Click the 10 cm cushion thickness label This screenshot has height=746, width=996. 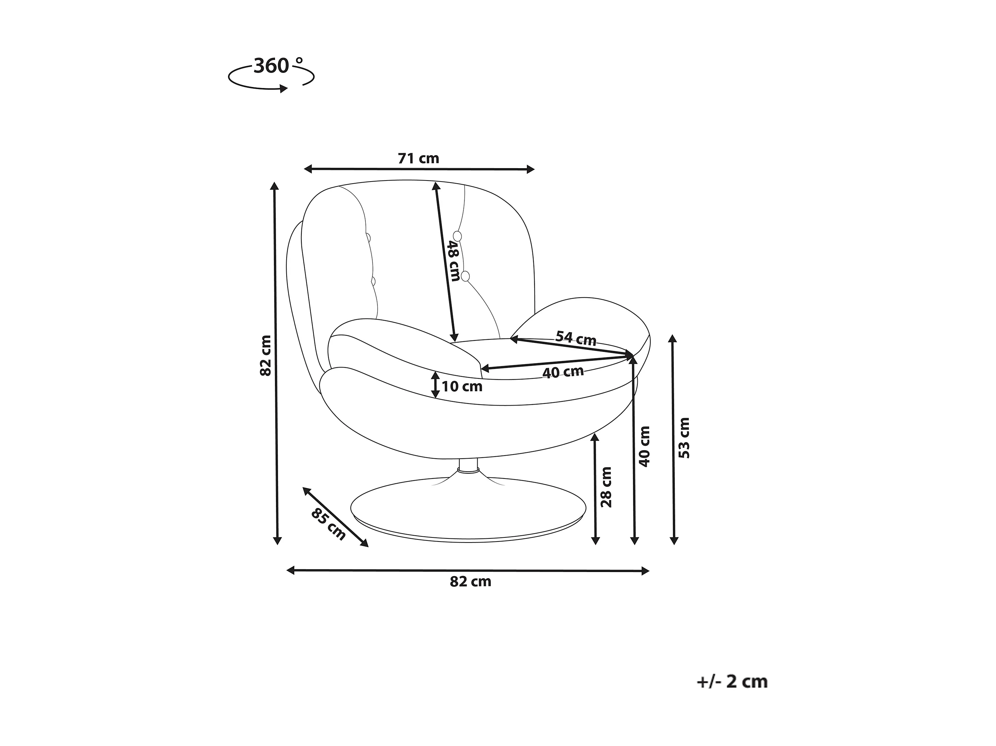(x=462, y=386)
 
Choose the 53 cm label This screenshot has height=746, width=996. (x=684, y=438)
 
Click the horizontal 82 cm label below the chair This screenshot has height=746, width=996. (x=470, y=582)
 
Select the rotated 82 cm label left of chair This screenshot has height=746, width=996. (x=266, y=356)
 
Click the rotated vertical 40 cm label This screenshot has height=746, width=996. (x=645, y=447)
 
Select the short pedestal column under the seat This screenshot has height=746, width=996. (x=468, y=466)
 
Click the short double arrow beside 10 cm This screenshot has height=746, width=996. (x=435, y=385)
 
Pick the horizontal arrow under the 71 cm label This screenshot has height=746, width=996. (x=419, y=169)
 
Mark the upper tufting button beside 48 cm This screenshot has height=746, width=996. (x=457, y=236)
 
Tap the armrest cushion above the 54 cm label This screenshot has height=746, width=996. (x=585, y=317)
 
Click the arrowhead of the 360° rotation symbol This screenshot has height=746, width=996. (x=284, y=89)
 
